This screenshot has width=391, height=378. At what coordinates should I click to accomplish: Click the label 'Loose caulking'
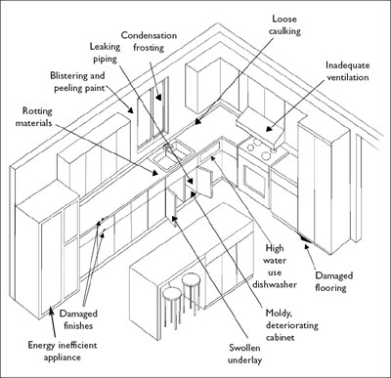(284, 24)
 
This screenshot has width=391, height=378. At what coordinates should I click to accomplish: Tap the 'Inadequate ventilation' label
(348, 71)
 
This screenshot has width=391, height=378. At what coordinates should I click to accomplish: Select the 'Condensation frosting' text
(149, 41)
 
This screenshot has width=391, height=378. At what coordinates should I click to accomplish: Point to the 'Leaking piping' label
(105, 53)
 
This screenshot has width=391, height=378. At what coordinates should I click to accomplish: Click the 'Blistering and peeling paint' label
(78, 82)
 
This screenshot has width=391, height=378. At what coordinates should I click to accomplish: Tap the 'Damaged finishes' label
(78, 319)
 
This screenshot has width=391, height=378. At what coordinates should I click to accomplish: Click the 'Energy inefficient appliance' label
(63, 351)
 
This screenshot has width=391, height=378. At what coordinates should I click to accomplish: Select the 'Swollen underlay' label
(244, 354)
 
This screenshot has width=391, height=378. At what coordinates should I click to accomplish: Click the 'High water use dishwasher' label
(275, 267)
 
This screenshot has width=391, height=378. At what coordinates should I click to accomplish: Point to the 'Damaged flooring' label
(333, 281)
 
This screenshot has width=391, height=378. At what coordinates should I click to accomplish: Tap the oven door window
(255, 179)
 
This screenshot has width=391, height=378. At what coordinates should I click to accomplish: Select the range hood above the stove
(261, 126)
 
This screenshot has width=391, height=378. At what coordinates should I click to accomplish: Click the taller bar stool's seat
(191, 279)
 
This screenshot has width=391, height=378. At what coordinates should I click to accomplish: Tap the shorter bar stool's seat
(172, 293)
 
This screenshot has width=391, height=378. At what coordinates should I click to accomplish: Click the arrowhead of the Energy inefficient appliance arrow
(51, 310)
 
